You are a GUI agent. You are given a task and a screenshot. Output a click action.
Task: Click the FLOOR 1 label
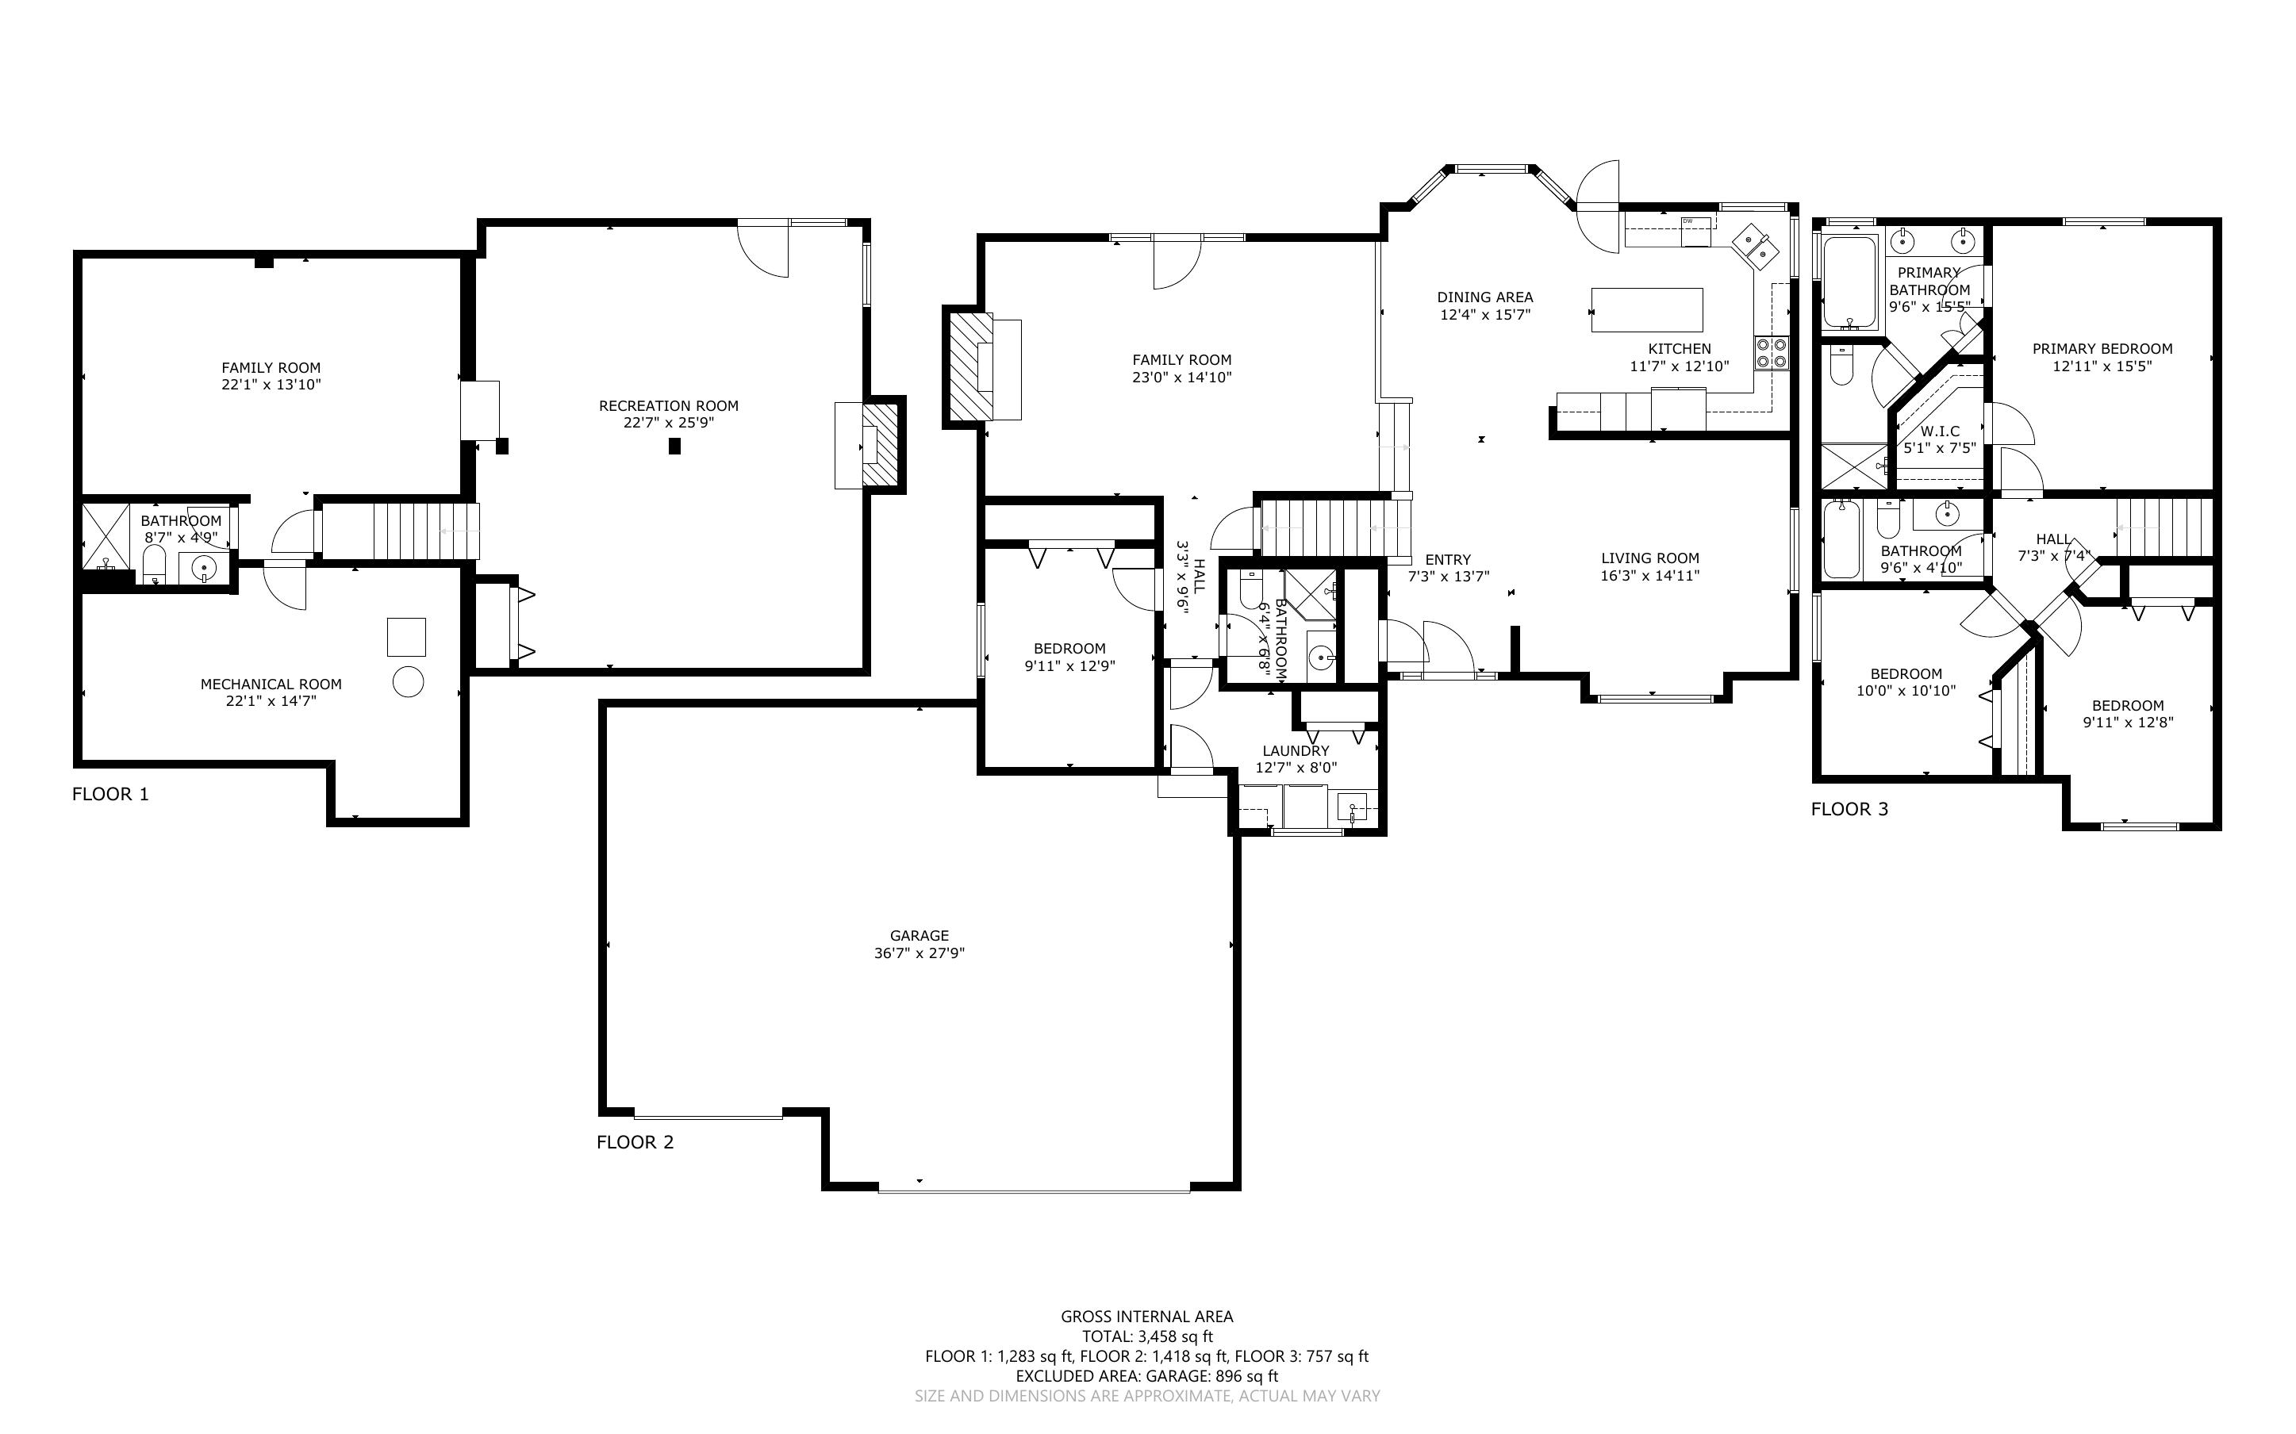pyautogui.click(x=110, y=795)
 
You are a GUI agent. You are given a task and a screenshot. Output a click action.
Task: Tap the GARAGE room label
pyautogui.click(x=919, y=936)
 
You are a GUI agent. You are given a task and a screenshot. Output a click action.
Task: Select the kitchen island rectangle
pyautogui.click(x=1646, y=309)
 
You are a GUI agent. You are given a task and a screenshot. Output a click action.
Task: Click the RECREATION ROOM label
pyautogui.click(x=669, y=406)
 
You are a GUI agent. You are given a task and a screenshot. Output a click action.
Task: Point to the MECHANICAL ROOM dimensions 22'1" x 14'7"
pyautogui.click(x=271, y=702)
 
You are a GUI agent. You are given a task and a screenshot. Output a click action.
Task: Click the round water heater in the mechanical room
pyautogui.click(x=409, y=681)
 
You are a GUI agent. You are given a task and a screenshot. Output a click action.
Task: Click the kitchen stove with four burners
pyautogui.click(x=1772, y=353)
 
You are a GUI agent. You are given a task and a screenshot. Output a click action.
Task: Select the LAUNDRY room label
pyautogui.click(x=1296, y=751)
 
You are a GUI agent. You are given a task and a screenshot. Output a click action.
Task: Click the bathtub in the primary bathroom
pyautogui.click(x=1849, y=282)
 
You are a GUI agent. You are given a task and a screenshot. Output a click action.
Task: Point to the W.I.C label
pyautogui.click(x=1941, y=431)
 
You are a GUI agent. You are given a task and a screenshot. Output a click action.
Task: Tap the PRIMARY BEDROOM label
pyautogui.click(x=2102, y=349)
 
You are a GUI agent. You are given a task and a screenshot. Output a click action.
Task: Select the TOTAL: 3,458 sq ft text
pyautogui.click(x=1147, y=1337)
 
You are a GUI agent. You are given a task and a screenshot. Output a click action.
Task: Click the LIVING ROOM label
pyautogui.click(x=1650, y=558)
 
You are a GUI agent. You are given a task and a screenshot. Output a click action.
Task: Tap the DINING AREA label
pyautogui.click(x=1485, y=297)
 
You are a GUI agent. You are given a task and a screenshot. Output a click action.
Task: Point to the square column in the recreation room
pyautogui.click(x=674, y=446)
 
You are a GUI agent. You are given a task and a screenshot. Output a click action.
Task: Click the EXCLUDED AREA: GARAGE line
pyautogui.click(x=1147, y=1376)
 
